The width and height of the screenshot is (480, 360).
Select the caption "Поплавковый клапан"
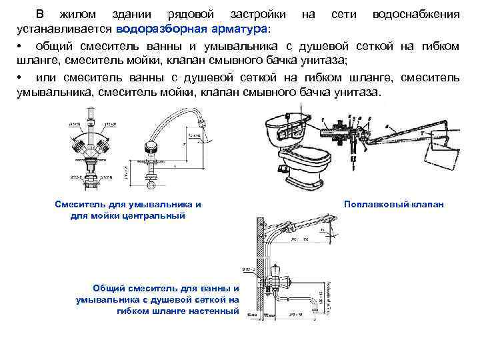394,204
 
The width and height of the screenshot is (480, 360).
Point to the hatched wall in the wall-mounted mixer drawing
255,267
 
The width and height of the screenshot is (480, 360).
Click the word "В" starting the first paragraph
40,14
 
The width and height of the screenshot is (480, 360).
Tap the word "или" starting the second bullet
41,78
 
